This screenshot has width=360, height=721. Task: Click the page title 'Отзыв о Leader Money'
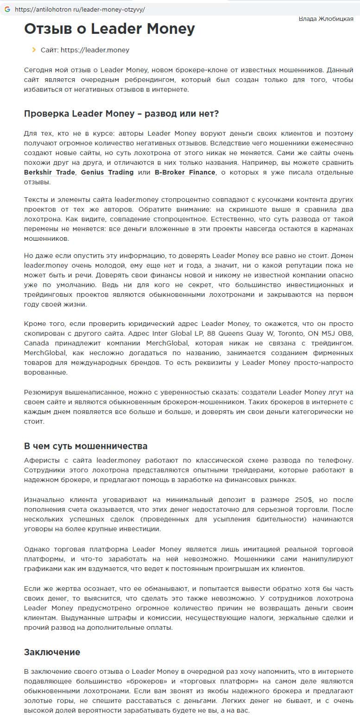click(x=109, y=29)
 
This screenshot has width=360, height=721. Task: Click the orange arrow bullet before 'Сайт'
click(x=34, y=50)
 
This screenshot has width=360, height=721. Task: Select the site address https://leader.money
click(x=95, y=50)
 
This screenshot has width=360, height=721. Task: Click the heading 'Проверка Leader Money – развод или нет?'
click(x=121, y=113)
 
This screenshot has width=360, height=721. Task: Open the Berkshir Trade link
click(x=50, y=172)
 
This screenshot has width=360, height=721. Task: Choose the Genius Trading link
click(x=107, y=172)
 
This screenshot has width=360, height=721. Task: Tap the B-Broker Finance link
click(x=185, y=172)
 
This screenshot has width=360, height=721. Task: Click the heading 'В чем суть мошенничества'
click(x=86, y=446)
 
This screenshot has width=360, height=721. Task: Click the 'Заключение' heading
click(x=52, y=652)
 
